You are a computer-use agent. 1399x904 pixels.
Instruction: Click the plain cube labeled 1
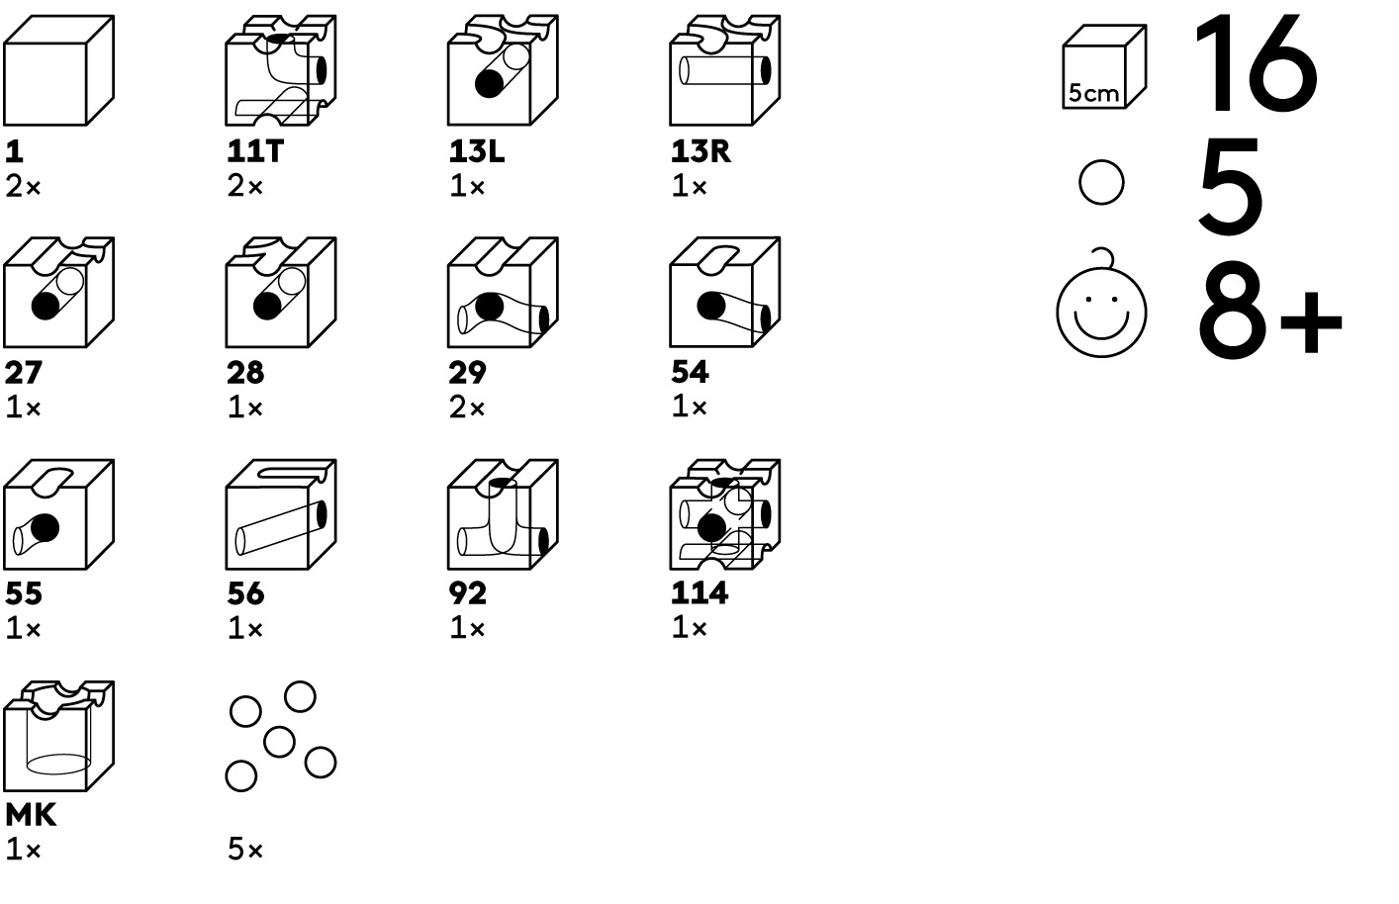tap(58, 70)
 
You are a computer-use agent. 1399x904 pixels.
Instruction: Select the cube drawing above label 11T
tap(280, 70)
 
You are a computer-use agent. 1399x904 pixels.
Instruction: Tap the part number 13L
tap(476, 151)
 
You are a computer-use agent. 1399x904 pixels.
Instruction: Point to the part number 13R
tap(700, 151)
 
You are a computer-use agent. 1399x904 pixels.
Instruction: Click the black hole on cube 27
tap(45, 306)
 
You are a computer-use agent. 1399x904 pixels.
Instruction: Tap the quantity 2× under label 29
tap(467, 407)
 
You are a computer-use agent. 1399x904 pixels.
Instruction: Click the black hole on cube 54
tap(710, 306)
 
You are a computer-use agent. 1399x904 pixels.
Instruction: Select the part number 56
tap(245, 593)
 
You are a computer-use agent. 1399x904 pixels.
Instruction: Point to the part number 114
tap(699, 593)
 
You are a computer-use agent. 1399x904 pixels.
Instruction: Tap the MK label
tap(31, 815)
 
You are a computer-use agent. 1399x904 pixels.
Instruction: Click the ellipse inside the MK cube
tap(57, 763)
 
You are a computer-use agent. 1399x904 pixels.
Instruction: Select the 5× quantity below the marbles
tap(245, 850)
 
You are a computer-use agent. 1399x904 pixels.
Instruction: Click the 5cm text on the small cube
tap(1093, 94)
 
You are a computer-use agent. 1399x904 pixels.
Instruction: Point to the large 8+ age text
tap(1268, 311)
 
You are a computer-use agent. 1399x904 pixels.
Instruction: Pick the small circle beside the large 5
tap(1101, 183)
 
